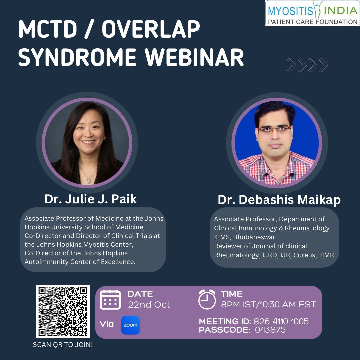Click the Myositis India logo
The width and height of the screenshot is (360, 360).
pyautogui.click(x=312, y=13)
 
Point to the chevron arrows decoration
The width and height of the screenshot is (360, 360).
pyautogui.click(x=307, y=65)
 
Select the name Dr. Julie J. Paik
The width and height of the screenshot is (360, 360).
pyautogui.click(x=91, y=199)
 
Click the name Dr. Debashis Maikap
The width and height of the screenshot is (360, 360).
pyautogui.click(x=279, y=200)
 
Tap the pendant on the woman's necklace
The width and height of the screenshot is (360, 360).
pyautogui.click(x=89, y=180)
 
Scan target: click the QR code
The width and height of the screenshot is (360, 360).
pyautogui.click(x=63, y=311)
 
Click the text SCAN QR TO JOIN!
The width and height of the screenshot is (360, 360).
pyautogui.click(x=63, y=345)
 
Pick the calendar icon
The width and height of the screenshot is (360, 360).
pyautogui.click(x=110, y=299)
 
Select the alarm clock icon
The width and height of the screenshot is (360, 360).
pyautogui.click(x=207, y=299)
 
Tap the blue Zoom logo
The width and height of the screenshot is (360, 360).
pyautogui.click(x=130, y=325)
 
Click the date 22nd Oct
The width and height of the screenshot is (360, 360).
pyautogui.click(x=149, y=304)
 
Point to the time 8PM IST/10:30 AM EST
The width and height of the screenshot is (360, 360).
pyautogui.click(x=268, y=304)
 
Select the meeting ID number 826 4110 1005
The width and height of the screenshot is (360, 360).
pyautogui.click(x=281, y=322)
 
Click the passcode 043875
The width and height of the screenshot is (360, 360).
pyautogui.click(x=270, y=330)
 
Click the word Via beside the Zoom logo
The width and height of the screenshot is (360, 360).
pyautogui.click(x=107, y=324)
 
